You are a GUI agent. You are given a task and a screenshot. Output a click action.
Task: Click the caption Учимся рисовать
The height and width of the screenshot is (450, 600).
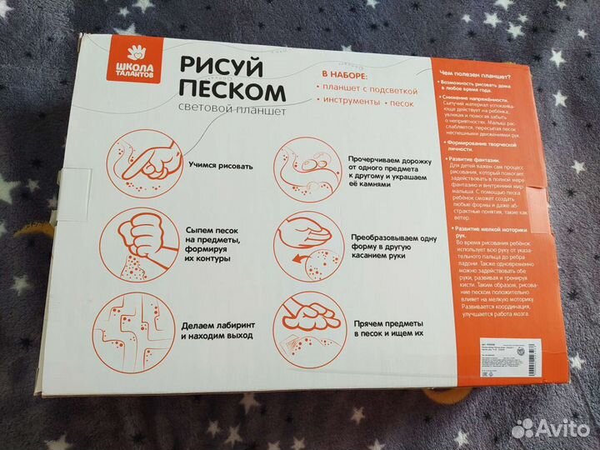(x=219, y=164)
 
